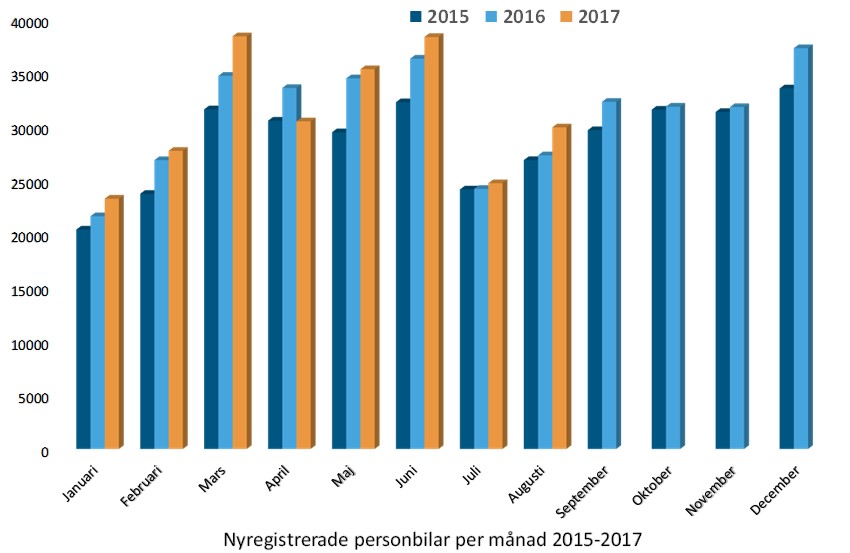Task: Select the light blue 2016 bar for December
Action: (x=800, y=249)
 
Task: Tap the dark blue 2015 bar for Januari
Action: (x=83, y=340)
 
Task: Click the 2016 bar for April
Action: (x=289, y=269)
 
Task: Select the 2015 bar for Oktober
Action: (x=658, y=279)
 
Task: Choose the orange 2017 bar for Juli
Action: (x=495, y=316)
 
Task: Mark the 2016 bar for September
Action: (x=609, y=276)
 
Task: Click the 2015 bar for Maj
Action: (x=339, y=291)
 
